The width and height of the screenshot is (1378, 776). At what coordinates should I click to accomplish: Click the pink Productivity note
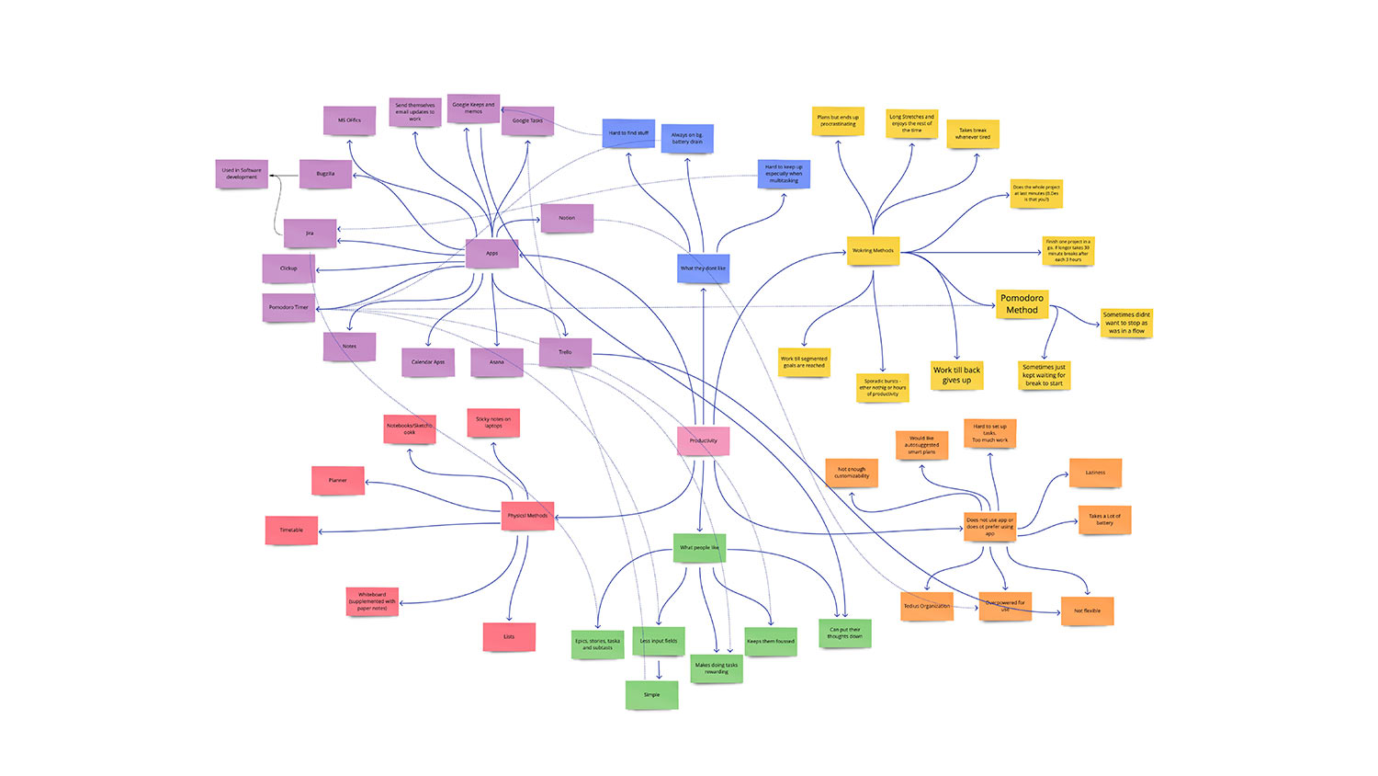pyautogui.click(x=704, y=440)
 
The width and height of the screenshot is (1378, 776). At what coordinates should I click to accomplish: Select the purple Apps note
pyautogui.click(x=492, y=253)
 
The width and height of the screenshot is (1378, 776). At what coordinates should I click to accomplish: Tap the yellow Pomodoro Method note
pyautogui.click(x=1022, y=304)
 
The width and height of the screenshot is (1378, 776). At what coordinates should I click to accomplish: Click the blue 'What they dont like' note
pyautogui.click(x=703, y=268)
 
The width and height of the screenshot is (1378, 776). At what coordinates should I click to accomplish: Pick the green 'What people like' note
pyautogui.click(x=699, y=548)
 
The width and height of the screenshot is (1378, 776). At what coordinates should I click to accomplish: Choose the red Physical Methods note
pyautogui.click(x=527, y=516)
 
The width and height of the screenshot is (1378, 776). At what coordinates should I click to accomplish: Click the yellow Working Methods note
pyautogui.click(x=873, y=251)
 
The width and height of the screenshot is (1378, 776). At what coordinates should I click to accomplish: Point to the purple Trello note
pyautogui.click(x=565, y=352)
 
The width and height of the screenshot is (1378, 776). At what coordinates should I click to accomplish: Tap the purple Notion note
pyautogui.click(x=567, y=218)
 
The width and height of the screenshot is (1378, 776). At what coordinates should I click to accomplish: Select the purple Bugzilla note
pyautogui.click(x=325, y=174)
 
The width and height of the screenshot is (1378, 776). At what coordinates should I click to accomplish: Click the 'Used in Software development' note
pyautogui.click(x=242, y=174)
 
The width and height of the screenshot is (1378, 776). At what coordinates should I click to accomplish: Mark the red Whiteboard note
pyautogui.click(x=372, y=601)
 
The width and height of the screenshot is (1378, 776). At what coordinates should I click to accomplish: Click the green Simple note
pyautogui.click(x=651, y=694)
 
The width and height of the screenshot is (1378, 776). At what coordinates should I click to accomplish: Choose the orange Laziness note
pyautogui.click(x=1095, y=473)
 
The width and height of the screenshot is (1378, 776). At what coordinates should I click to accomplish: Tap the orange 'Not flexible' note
pyautogui.click(x=1087, y=611)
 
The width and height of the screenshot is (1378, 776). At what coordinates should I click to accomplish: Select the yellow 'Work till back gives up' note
pyautogui.click(x=956, y=375)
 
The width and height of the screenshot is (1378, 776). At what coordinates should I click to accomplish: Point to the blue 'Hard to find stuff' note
pyautogui.click(x=628, y=133)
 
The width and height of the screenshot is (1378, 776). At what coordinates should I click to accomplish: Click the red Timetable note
pyautogui.click(x=291, y=530)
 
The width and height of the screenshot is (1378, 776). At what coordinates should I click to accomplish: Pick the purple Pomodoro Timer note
pyautogui.click(x=288, y=307)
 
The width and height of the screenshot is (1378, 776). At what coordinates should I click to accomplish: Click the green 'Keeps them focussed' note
pyautogui.click(x=771, y=641)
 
